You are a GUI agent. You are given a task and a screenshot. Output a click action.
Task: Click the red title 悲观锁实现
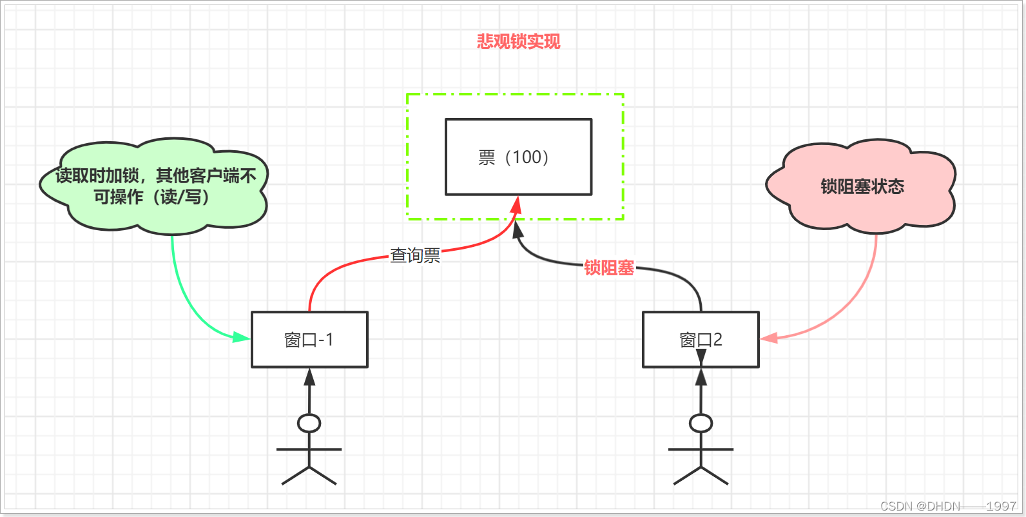(x=518, y=42)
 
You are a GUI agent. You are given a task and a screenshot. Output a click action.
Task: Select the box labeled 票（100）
(x=518, y=157)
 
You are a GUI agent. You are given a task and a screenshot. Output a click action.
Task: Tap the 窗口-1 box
(x=309, y=340)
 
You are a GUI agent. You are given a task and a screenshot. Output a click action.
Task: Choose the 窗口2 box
(x=701, y=340)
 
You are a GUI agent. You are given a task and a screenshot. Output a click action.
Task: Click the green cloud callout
(x=155, y=186)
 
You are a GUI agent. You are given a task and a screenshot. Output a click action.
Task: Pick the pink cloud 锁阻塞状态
(x=862, y=186)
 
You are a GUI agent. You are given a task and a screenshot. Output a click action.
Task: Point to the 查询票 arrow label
(x=415, y=256)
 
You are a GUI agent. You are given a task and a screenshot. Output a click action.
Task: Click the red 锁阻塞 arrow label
(x=609, y=268)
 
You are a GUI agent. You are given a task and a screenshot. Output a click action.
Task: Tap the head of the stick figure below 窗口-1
(x=309, y=424)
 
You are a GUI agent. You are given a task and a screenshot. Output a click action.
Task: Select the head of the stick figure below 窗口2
(x=701, y=424)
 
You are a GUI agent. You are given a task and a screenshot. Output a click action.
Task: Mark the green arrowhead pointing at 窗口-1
(x=241, y=337)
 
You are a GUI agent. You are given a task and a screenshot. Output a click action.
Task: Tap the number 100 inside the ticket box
(x=527, y=157)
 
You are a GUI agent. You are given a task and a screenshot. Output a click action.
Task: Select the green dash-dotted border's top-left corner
(x=407, y=95)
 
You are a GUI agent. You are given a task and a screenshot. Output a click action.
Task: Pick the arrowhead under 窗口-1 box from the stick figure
(x=309, y=376)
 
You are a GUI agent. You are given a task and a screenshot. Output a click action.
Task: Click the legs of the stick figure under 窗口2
(x=701, y=475)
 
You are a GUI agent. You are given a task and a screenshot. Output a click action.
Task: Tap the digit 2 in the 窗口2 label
(x=717, y=340)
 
